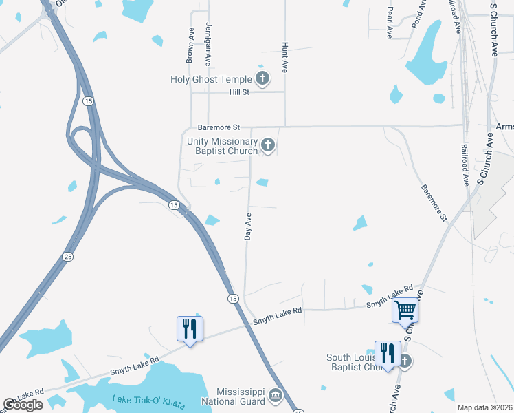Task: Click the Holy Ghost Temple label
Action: [211, 79]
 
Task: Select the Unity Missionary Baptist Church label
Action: [222, 146]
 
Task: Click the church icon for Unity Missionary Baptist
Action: [268, 145]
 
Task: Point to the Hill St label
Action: [239, 92]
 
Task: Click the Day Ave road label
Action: [249, 226]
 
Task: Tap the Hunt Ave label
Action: [284, 56]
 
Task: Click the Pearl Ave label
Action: [390, 23]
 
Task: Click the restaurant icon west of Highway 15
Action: [190, 328]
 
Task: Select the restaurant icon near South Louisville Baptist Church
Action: [387, 354]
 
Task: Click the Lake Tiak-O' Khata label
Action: [148, 402]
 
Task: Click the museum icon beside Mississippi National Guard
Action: [276, 394]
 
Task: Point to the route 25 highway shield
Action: [67, 257]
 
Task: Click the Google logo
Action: [23, 405]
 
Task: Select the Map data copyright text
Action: [484, 407]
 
